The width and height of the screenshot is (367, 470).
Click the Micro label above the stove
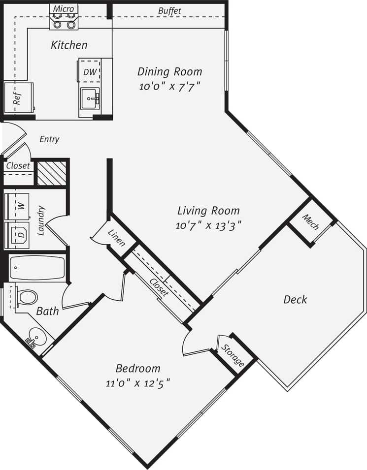64,9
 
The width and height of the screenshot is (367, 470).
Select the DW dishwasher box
90,71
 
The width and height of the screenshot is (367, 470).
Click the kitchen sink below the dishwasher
90,99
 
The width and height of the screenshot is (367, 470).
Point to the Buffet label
169,10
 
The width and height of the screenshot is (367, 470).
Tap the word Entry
49,139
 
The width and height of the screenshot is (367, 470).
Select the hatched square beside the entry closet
52,173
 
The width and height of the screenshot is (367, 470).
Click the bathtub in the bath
37,268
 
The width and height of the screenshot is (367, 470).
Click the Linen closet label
117,237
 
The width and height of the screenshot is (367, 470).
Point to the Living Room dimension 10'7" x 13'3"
208,226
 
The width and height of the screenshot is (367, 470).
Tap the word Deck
295,299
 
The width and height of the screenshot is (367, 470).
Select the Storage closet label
232,356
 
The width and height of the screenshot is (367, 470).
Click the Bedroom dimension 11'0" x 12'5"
138,383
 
